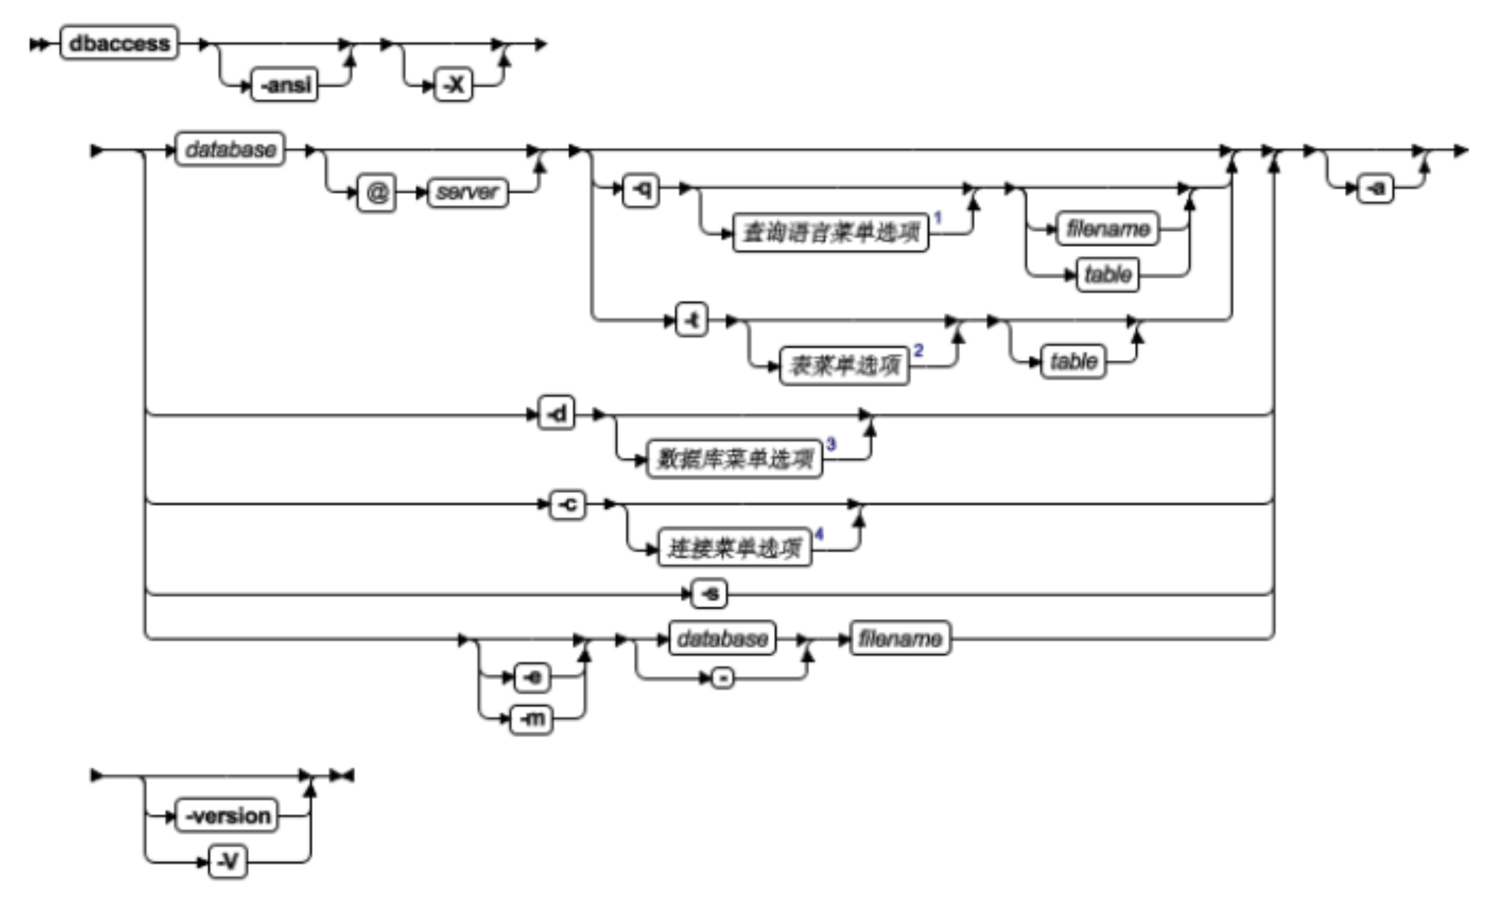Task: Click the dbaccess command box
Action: coord(119,43)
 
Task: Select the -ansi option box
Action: coord(285,84)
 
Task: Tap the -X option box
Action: coord(454,84)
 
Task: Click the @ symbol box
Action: coord(376,193)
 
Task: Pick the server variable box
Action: coord(467,193)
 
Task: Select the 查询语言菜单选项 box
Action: coord(830,233)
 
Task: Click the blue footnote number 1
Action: coord(937,218)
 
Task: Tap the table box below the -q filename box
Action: coord(1107,275)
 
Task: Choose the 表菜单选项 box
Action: coord(844,366)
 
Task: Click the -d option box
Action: coord(557,414)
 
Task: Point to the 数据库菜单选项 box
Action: coord(734,459)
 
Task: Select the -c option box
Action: coord(567,505)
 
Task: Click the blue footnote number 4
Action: coord(819,534)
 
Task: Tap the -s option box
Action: coord(709,594)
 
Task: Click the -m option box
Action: coord(531,719)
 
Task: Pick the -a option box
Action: coord(1375,189)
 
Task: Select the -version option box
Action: coord(226,815)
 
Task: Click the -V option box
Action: coord(228,862)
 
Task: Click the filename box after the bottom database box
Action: coord(899,638)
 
